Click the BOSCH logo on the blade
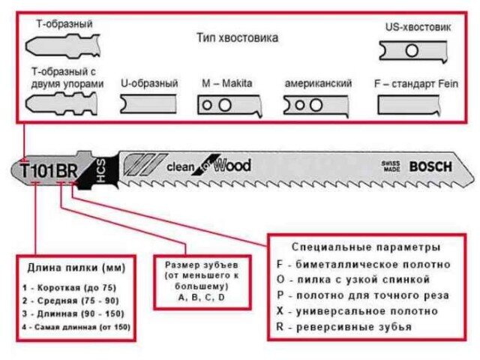pos(430,166)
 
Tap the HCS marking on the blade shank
pos(101,171)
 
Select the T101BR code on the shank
pos(49,171)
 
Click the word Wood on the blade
pos(232,165)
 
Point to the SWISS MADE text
pos(391,166)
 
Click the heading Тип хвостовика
pos(237,38)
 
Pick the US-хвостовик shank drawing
pos(413,51)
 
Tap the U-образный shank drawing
pos(148,104)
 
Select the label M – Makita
pos(226,83)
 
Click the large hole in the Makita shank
pos(225,105)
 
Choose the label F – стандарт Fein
pos(416,83)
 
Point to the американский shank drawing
pos(316,106)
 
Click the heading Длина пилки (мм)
pos(76,268)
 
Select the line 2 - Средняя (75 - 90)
pos(70,301)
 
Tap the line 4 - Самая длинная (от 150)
pos(76,327)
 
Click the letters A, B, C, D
pos(202,297)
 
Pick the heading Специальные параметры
pos(366,247)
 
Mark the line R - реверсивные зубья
pos(343,327)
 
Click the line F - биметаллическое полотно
pos(363,264)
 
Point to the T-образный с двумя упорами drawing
pos(61,104)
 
